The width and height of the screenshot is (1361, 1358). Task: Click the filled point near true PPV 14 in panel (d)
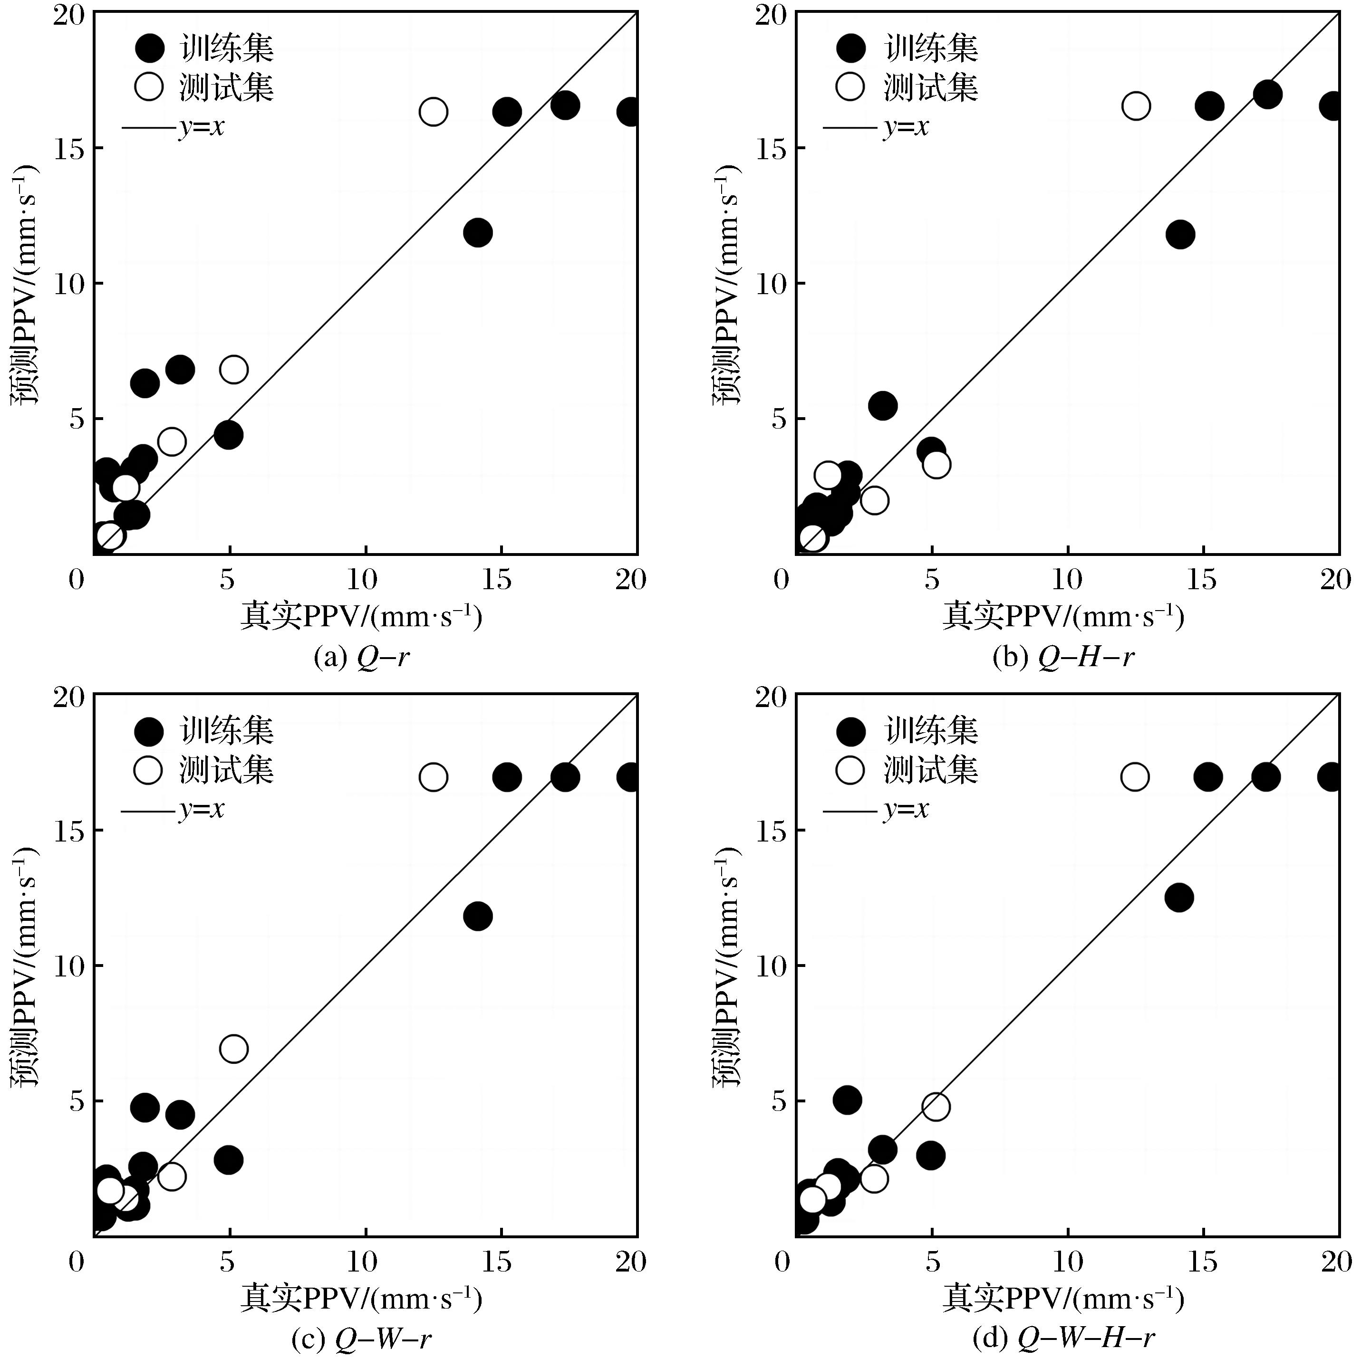click(1178, 898)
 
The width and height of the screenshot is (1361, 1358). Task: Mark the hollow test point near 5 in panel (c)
click(234, 1048)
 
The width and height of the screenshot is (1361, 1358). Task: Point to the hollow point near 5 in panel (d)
click(936, 1106)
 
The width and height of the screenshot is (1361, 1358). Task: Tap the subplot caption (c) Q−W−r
click(361, 1339)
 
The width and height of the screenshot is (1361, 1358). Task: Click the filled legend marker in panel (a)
click(149, 48)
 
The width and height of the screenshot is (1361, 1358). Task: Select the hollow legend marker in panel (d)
click(850, 769)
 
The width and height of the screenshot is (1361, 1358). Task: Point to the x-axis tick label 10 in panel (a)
click(363, 579)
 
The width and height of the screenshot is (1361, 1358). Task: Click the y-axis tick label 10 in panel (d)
click(772, 965)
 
